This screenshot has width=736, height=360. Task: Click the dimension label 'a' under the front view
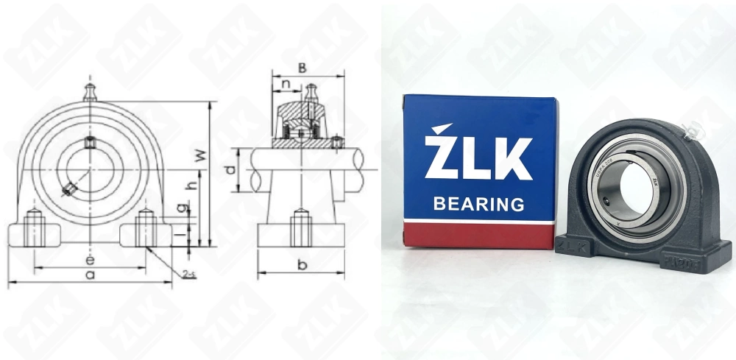pyautogui.click(x=90, y=275)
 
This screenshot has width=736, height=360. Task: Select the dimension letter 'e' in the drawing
pyautogui.click(x=89, y=260)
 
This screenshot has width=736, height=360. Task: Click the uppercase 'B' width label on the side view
pyautogui.click(x=302, y=67)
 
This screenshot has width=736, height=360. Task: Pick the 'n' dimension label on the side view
pyautogui.click(x=286, y=84)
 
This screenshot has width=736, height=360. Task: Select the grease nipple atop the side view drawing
pyautogui.click(x=314, y=92)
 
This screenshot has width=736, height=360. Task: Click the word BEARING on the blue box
pyautogui.click(x=478, y=203)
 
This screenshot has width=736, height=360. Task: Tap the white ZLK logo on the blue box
pyautogui.click(x=478, y=155)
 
